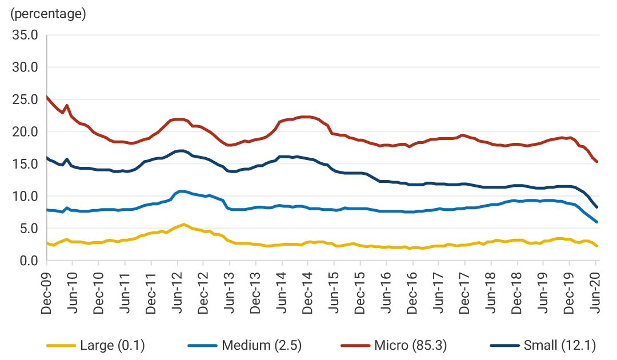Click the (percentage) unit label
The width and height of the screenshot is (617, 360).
point(48,14)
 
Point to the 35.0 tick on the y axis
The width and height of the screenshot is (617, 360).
point(25,35)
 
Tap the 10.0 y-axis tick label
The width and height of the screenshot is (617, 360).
point(25,197)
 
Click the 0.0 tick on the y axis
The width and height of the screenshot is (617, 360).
point(28,261)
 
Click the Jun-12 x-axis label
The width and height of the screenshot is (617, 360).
point(178,291)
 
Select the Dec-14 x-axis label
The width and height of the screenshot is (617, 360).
point(308,291)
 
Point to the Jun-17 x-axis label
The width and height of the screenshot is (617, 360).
point(439,291)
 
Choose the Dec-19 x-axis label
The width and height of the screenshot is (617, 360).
point(570,291)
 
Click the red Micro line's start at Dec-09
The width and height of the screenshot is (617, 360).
point(47,97)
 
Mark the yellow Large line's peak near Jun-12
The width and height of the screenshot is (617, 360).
point(183,224)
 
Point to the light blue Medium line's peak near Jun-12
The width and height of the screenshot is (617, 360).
point(181,191)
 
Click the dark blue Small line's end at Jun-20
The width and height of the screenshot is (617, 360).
point(596,207)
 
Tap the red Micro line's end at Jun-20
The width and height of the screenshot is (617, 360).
point(596,162)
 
